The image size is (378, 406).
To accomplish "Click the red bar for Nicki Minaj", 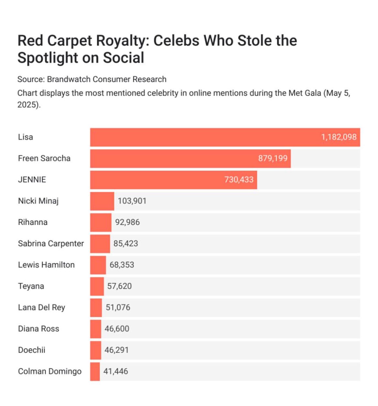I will pyautogui.click(x=102, y=201).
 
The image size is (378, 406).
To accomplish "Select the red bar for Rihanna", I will pyautogui.click(x=101, y=222).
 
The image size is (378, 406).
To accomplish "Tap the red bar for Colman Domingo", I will pyautogui.click(x=95, y=371).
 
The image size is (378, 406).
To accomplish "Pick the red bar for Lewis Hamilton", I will pyautogui.click(x=98, y=265).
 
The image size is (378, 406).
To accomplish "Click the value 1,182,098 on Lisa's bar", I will pyautogui.click(x=339, y=137).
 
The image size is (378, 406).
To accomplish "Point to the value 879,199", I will pyautogui.click(x=273, y=158).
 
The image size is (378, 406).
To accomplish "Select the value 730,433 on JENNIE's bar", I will pyautogui.click(x=239, y=180).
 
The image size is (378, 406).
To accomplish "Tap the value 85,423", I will pyautogui.click(x=125, y=243).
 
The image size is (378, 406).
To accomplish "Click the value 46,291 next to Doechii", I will pyautogui.click(x=116, y=350).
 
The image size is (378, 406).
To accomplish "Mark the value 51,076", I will pyautogui.click(x=118, y=307).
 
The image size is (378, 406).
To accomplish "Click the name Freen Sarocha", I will pyautogui.click(x=44, y=158).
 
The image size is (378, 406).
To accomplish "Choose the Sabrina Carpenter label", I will pyautogui.click(x=51, y=243).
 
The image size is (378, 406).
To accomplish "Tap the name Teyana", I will pyautogui.click(x=31, y=286).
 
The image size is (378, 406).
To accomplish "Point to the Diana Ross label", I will pyautogui.click(x=38, y=329).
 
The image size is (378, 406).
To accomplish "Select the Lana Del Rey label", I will pyautogui.click(x=41, y=307).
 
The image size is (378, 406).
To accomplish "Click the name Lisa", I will pyautogui.click(x=26, y=137).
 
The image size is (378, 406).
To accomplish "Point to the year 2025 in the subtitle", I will pyautogui.click(x=28, y=105).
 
